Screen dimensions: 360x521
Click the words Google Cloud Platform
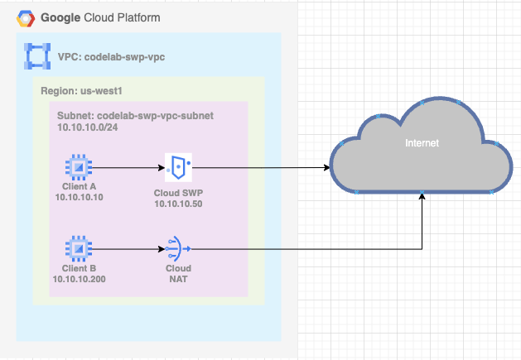click(x=100, y=17)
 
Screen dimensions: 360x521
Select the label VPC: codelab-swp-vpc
click(x=109, y=57)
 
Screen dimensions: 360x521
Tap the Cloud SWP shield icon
click(x=178, y=167)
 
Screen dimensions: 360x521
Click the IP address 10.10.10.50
click(x=179, y=203)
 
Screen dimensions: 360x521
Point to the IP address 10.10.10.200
click(x=80, y=279)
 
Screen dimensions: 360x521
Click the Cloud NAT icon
click(x=178, y=247)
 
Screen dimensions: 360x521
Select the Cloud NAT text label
click(x=178, y=273)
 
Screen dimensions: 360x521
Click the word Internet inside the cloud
click(x=422, y=143)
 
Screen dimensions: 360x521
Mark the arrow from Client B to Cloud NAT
click(x=124, y=247)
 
